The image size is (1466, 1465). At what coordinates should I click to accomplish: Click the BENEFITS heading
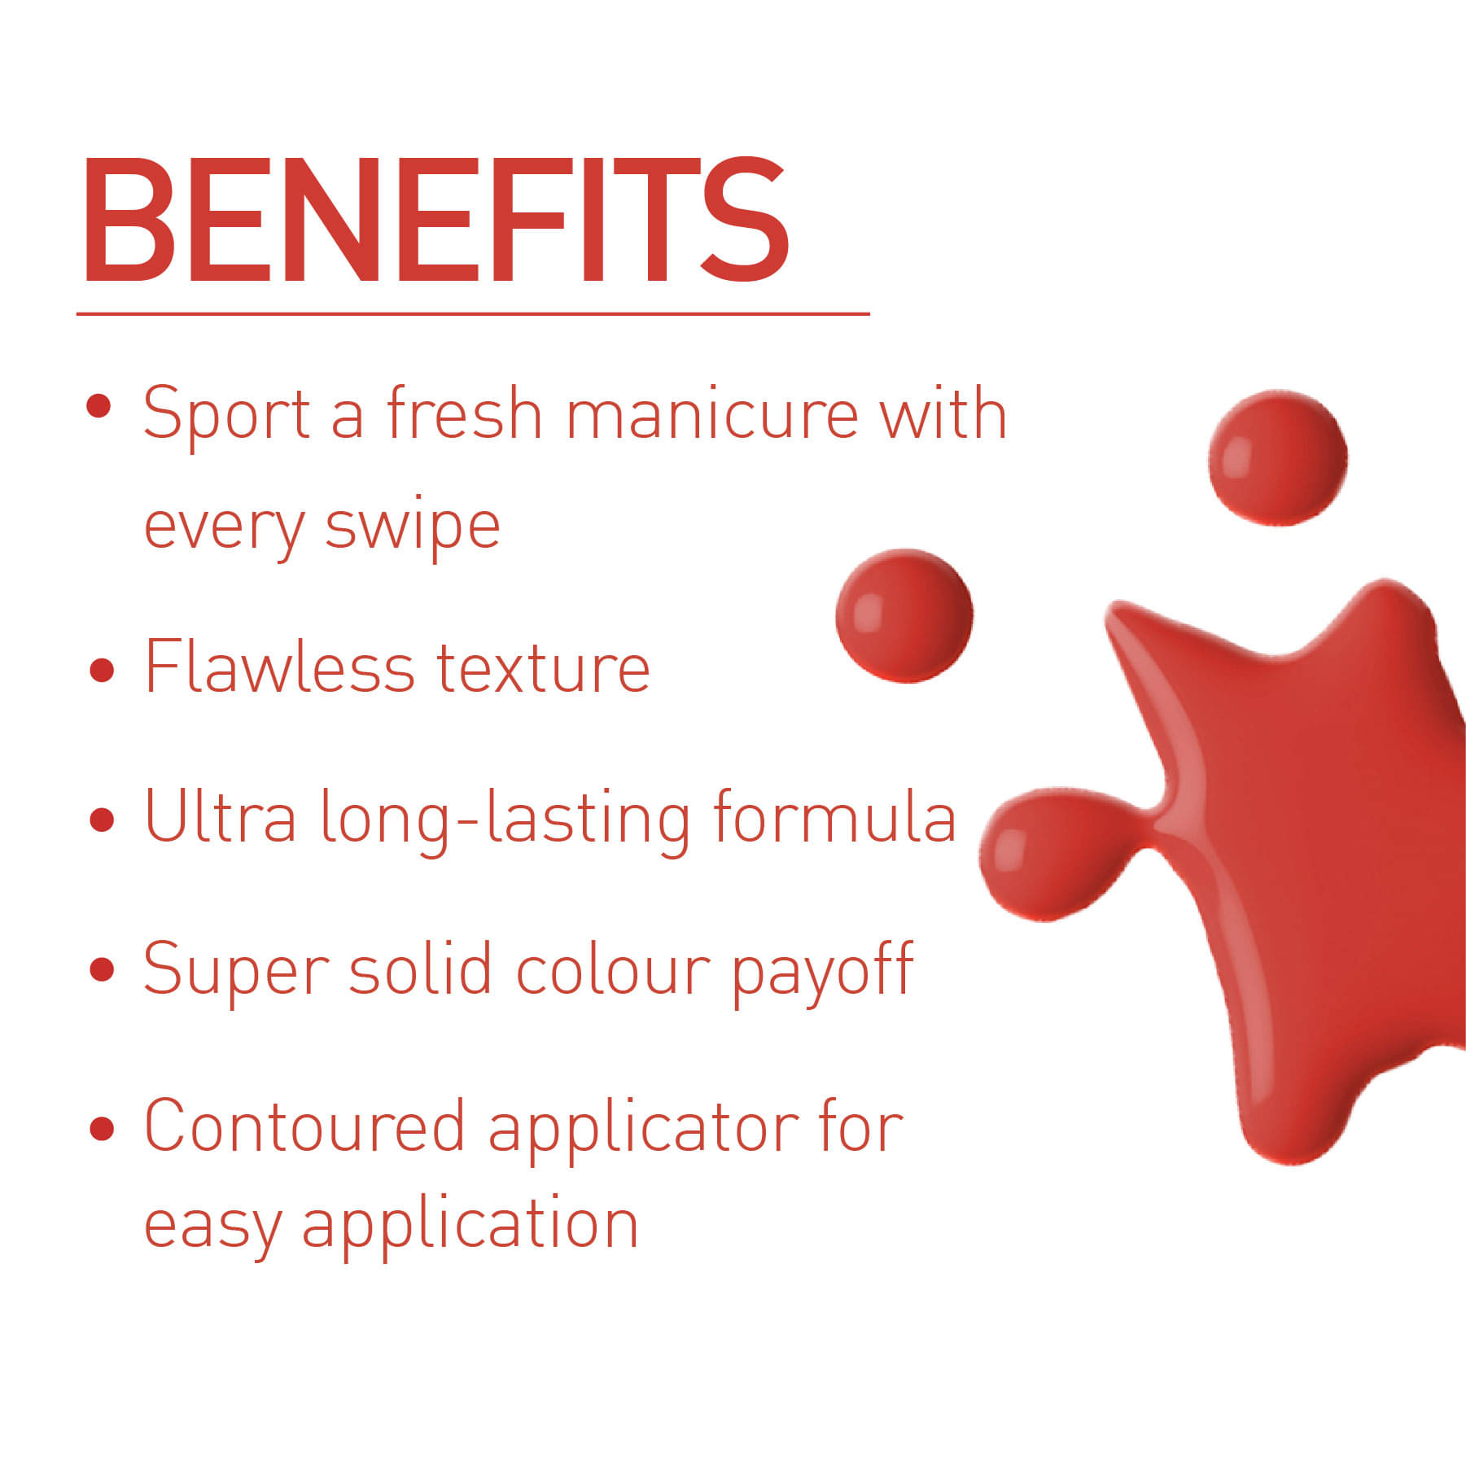click(435, 220)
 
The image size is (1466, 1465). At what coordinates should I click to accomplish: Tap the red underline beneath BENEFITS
click(473, 313)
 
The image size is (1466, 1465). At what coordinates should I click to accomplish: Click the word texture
click(543, 669)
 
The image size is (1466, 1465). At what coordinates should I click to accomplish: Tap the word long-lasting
click(505, 822)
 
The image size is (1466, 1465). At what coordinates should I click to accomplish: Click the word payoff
click(822, 973)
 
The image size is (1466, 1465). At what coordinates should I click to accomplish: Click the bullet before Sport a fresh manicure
click(98, 406)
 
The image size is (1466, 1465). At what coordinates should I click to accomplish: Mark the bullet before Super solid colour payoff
click(102, 969)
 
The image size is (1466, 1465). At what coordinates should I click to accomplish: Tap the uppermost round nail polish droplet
click(1278, 457)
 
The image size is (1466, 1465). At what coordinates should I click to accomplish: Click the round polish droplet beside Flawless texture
click(904, 615)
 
